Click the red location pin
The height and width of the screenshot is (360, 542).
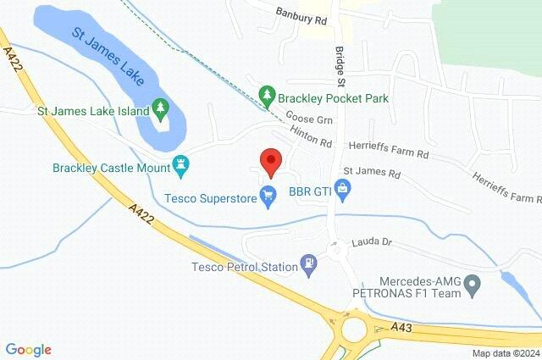pyautogui.click(x=270, y=160)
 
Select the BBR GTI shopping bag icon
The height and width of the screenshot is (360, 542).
pyautogui.click(x=343, y=191)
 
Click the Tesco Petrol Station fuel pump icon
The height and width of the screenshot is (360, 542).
pyautogui.click(x=310, y=267)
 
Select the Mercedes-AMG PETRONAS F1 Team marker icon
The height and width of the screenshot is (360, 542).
pyautogui.click(x=474, y=282)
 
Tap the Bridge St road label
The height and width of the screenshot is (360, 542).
pyautogui.click(x=340, y=67)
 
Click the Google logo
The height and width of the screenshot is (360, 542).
pyautogui.click(x=28, y=349)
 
